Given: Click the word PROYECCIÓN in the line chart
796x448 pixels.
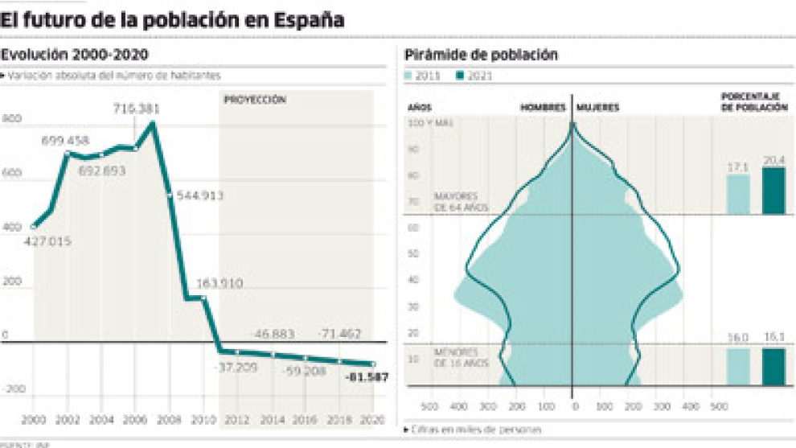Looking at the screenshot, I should (255, 100).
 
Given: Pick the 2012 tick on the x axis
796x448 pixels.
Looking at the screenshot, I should (237, 420).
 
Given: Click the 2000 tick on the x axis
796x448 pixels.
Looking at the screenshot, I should (33, 420).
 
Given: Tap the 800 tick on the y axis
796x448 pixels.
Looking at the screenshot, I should (13, 120).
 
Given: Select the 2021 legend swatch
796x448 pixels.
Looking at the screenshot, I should (461, 76).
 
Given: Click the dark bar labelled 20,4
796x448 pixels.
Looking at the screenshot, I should (773, 191).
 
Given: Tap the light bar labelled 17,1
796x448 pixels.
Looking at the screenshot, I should (737, 195).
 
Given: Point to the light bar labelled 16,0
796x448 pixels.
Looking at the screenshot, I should (737, 367).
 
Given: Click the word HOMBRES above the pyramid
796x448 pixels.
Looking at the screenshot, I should (543, 107).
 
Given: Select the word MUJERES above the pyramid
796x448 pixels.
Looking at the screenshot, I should (597, 107).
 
